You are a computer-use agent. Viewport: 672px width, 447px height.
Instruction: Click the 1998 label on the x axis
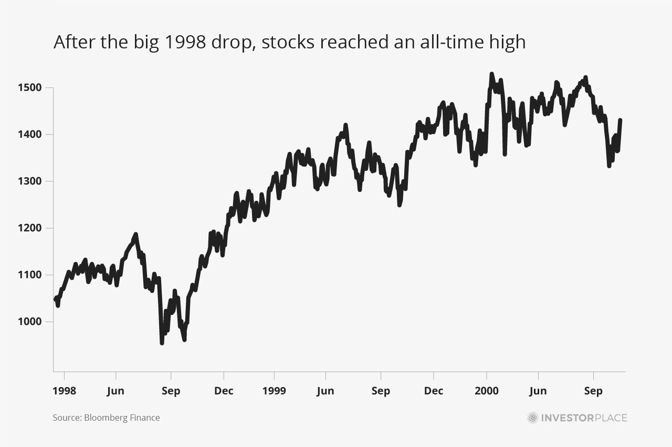(x=65, y=391)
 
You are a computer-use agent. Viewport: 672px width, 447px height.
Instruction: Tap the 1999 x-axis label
(x=274, y=391)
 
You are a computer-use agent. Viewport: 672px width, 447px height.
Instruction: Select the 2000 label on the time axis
(x=486, y=391)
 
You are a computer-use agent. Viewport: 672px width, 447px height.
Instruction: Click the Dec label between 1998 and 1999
(x=224, y=391)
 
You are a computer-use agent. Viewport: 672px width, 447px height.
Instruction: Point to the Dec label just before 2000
(x=434, y=391)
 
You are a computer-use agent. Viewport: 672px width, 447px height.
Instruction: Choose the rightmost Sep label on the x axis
(x=593, y=391)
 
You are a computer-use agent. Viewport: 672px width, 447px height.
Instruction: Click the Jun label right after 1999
(x=325, y=391)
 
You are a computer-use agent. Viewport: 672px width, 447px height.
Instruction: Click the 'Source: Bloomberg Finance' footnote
(x=106, y=418)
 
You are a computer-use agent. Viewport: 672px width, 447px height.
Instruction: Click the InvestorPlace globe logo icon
(x=533, y=418)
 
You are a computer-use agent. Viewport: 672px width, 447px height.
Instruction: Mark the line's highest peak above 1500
(x=491, y=74)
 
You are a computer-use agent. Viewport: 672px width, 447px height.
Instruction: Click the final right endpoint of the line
(x=621, y=120)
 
